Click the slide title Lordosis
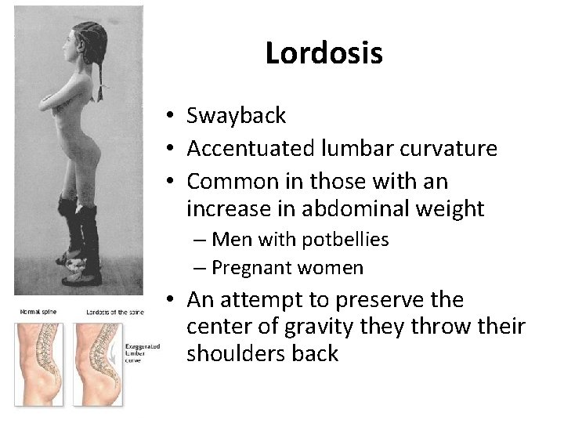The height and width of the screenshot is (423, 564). [324, 53]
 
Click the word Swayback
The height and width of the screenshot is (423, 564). [237, 117]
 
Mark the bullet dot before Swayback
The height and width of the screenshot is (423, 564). [169, 117]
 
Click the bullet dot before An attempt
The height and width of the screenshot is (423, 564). [169, 300]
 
